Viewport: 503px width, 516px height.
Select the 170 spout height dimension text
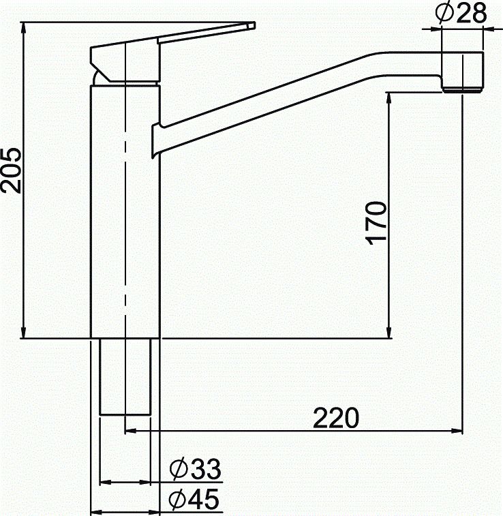[377, 223]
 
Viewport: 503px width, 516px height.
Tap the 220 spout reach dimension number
[335, 418]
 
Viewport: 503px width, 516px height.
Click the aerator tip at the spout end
[463, 87]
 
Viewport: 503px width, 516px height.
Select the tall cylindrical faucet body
[125, 211]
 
